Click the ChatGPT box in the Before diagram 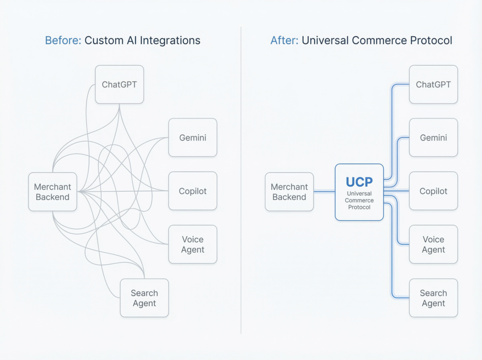click(x=119, y=85)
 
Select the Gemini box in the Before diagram click(x=193, y=137)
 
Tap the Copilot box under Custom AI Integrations click(x=193, y=191)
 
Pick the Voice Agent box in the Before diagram click(x=193, y=244)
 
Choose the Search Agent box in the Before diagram click(x=144, y=298)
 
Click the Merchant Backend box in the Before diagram click(x=52, y=192)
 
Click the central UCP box click(x=359, y=192)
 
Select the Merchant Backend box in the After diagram click(x=289, y=192)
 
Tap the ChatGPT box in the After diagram click(x=433, y=85)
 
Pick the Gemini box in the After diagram click(x=433, y=137)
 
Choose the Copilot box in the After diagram click(x=433, y=191)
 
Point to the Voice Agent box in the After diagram click(x=433, y=244)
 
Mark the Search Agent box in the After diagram click(x=433, y=298)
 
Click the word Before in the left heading click(x=63, y=40)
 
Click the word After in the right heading click(x=284, y=40)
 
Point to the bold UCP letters click(x=359, y=182)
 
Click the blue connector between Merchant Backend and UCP click(x=324, y=192)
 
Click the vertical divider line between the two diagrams click(x=241, y=188)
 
